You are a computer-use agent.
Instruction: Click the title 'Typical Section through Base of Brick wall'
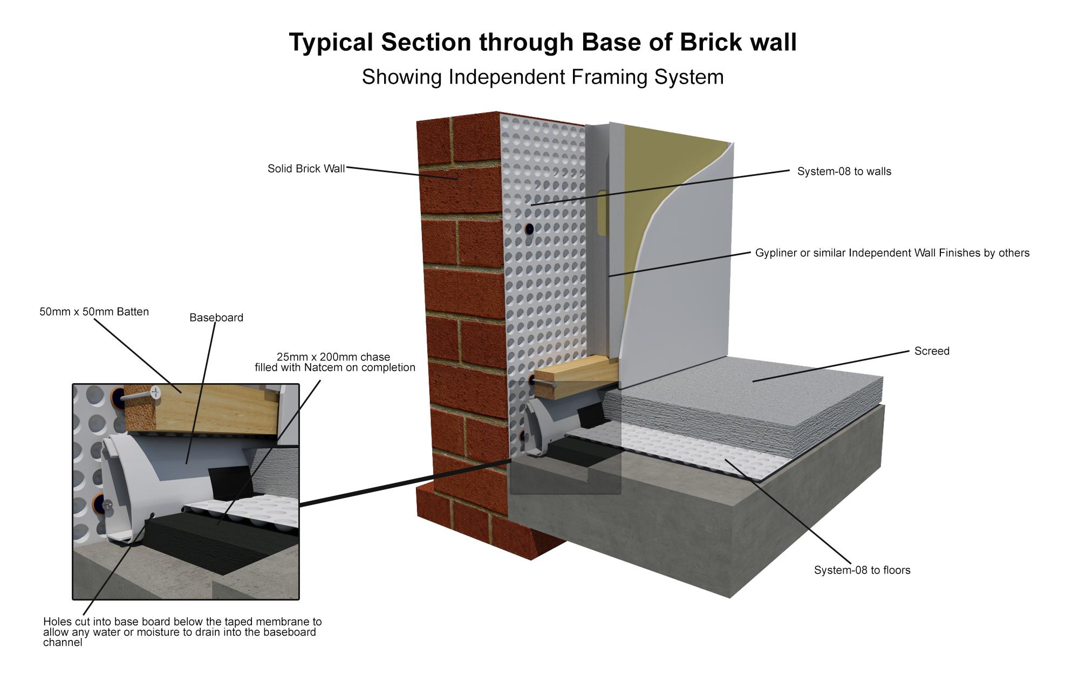point(542,42)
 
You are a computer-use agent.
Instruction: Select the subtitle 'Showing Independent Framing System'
point(542,77)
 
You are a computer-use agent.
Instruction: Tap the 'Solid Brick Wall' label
point(306,169)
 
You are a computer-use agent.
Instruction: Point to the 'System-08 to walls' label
point(844,172)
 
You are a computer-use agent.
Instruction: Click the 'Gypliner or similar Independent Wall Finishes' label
point(892,253)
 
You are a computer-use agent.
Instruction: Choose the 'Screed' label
point(932,351)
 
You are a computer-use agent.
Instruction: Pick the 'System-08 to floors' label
point(862,570)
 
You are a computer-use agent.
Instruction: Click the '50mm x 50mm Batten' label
point(94,312)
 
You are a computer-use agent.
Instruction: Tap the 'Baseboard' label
point(216,318)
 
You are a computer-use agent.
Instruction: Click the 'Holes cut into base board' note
point(182,632)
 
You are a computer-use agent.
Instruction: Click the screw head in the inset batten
point(156,392)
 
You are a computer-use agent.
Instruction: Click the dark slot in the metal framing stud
point(602,213)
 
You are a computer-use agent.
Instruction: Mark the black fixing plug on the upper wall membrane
point(530,228)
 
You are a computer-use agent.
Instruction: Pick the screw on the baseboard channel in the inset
point(108,505)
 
